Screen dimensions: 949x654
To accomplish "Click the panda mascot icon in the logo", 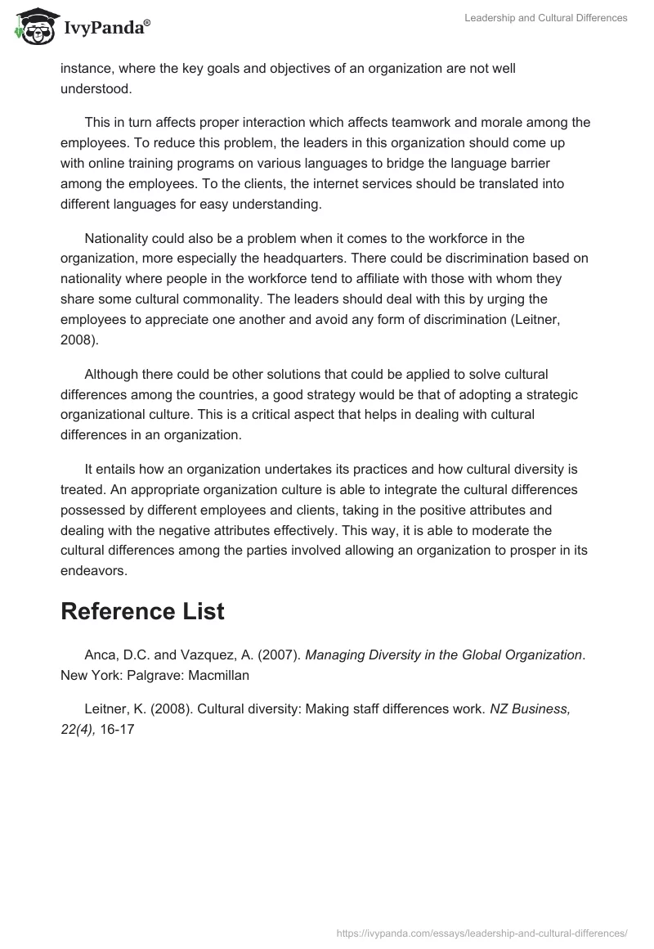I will (31, 26).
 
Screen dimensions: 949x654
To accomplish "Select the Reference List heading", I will (142, 611).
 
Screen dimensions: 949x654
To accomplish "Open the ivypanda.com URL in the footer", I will (482, 933).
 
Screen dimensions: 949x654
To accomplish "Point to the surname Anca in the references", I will (101, 654).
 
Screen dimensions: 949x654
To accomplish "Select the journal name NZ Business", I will (530, 708).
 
